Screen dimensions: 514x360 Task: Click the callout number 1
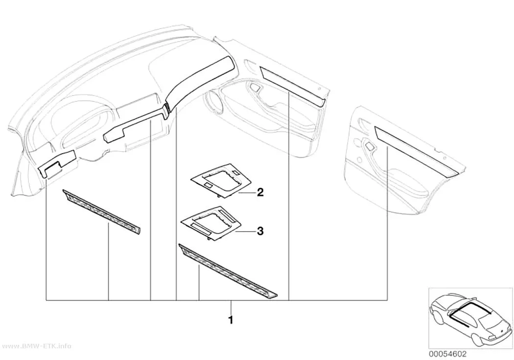coord(231,320)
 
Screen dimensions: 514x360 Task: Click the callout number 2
coord(260,192)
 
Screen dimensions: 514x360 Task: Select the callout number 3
coord(260,232)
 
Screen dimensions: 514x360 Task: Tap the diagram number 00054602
coord(448,354)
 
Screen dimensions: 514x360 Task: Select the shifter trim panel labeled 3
coord(212,221)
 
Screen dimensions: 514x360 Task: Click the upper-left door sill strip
coord(101,212)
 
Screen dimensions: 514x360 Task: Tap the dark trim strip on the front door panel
coord(293,86)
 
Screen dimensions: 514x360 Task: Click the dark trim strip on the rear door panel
coord(416,149)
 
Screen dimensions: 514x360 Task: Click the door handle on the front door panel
coord(255,88)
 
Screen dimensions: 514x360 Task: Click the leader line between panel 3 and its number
coord(245,232)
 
